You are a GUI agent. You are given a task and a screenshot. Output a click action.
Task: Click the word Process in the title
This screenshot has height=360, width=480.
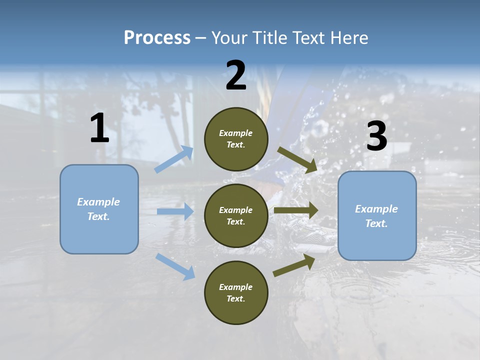pos(157,37)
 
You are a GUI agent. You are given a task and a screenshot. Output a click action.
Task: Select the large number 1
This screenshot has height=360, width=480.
pos(99,128)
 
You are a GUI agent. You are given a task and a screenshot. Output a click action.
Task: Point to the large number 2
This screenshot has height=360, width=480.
pos(236,75)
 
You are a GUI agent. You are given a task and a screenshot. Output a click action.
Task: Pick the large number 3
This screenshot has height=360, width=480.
pos(376,136)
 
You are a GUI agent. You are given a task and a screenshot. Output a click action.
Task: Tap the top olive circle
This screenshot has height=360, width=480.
pos(236,138)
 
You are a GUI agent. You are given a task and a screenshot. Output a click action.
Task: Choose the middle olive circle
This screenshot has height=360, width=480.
pos(236,215)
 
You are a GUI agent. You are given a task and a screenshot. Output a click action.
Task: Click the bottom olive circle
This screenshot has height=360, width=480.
pos(236,292)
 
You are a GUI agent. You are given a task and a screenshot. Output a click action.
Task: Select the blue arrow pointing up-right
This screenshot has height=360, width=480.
pos(174,159)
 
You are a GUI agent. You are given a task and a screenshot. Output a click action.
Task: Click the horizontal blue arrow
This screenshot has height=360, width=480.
pos(175,211)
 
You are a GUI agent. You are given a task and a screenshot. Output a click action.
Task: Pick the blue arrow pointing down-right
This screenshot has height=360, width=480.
pos(175,266)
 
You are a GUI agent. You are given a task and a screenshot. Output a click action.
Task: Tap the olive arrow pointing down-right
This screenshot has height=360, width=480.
pos(297,159)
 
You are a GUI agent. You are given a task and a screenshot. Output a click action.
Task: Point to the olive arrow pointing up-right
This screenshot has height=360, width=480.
pos(294,265)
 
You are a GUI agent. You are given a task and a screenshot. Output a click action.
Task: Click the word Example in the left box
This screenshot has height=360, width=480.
pos(98,202)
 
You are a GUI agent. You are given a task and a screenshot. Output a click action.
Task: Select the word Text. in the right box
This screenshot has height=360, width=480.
pos(376,223)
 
